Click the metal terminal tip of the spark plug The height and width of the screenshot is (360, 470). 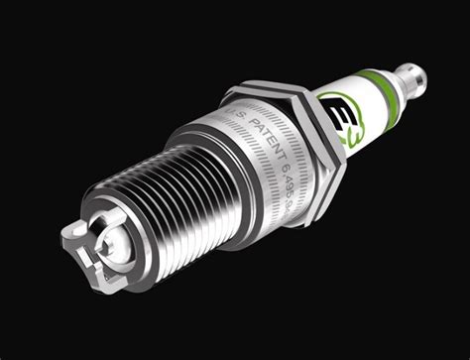tap(412, 74)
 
